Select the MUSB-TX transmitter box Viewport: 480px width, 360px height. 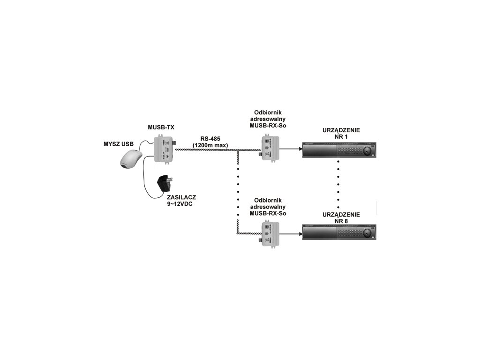click(x=165, y=149)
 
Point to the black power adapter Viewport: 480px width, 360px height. click(x=165, y=183)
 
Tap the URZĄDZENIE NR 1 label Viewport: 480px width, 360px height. click(x=341, y=133)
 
